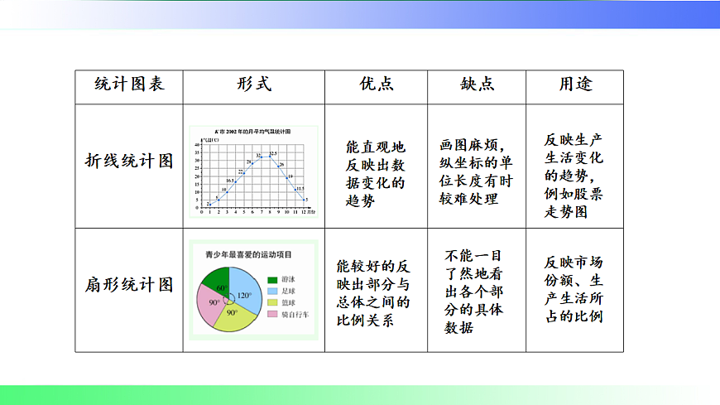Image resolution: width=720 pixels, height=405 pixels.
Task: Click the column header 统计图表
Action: pyautogui.click(x=129, y=84)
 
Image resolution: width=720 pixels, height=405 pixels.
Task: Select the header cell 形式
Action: pyautogui.click(x=253, y=84)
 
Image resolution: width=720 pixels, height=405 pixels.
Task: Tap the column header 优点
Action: pyautogui.click(x=376, y=84)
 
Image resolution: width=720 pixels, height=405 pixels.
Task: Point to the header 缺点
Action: pyautogui.click(x=478, y=84)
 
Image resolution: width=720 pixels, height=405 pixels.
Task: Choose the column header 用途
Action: pyautogui.click(x=575, y=84)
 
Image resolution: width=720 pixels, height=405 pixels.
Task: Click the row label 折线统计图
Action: pyautogui.click(x=129, y=161)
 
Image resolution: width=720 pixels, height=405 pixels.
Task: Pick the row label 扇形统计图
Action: pyautogui.click(x=129, y=286)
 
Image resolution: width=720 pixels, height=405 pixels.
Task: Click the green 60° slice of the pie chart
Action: pyautogui.click(x=218, y=282)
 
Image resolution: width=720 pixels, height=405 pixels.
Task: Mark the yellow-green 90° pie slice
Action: pyautogui.click(x=234, y=316)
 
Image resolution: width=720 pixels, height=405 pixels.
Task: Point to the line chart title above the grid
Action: pyautogui.click(x=252, y=132)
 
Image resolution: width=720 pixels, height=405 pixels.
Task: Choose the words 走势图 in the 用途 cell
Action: pyautogui.click(x=567, y=212)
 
